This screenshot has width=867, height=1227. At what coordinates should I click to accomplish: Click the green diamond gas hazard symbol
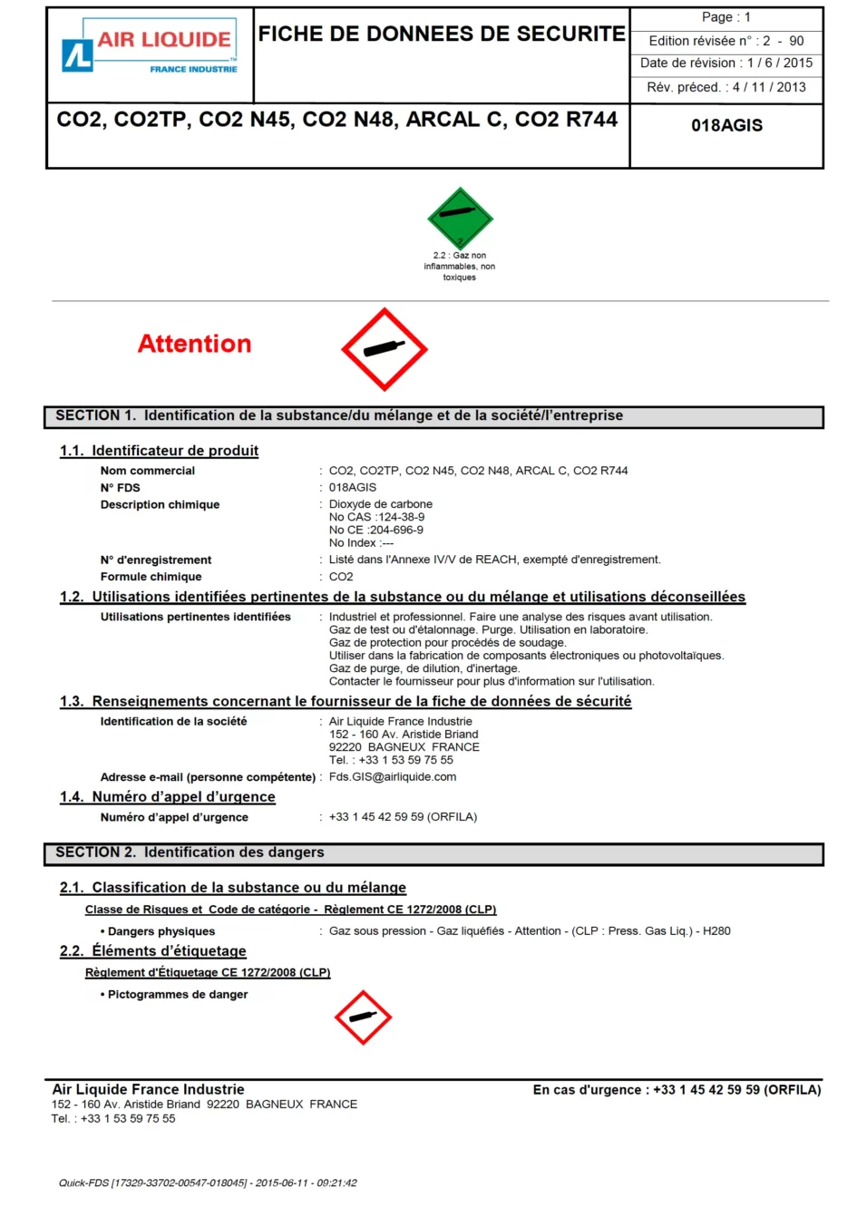click(460, 218)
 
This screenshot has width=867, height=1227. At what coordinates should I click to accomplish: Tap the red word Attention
click(194, 345)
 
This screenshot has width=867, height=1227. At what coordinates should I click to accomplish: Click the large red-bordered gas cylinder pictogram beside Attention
click(385, 349)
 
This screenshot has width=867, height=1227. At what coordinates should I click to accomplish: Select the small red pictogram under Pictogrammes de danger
click(363, 1017)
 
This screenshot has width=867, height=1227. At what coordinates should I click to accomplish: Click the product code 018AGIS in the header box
click(726, 126)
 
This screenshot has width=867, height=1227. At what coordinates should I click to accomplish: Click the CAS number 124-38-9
click(401, 518)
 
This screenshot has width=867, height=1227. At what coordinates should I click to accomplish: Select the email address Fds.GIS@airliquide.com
click(393, 777)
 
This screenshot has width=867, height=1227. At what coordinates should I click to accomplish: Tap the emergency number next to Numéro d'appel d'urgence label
click(403, 817)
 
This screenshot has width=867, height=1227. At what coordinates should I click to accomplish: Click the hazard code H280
click(716, 931)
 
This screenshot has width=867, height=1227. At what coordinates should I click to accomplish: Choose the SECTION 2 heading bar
click(433, 853)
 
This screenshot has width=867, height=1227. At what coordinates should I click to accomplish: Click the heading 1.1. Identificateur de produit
click(160, 451)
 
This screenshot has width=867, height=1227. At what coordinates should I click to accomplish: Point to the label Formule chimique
click(151, 577)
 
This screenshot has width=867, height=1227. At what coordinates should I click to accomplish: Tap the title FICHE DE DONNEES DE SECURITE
click(442, 34)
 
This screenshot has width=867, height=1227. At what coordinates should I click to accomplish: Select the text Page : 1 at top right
click(726, 17)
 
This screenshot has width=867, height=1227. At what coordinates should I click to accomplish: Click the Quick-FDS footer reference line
click(208, 1183)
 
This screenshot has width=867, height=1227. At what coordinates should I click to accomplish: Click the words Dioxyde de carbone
click(381, 504)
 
